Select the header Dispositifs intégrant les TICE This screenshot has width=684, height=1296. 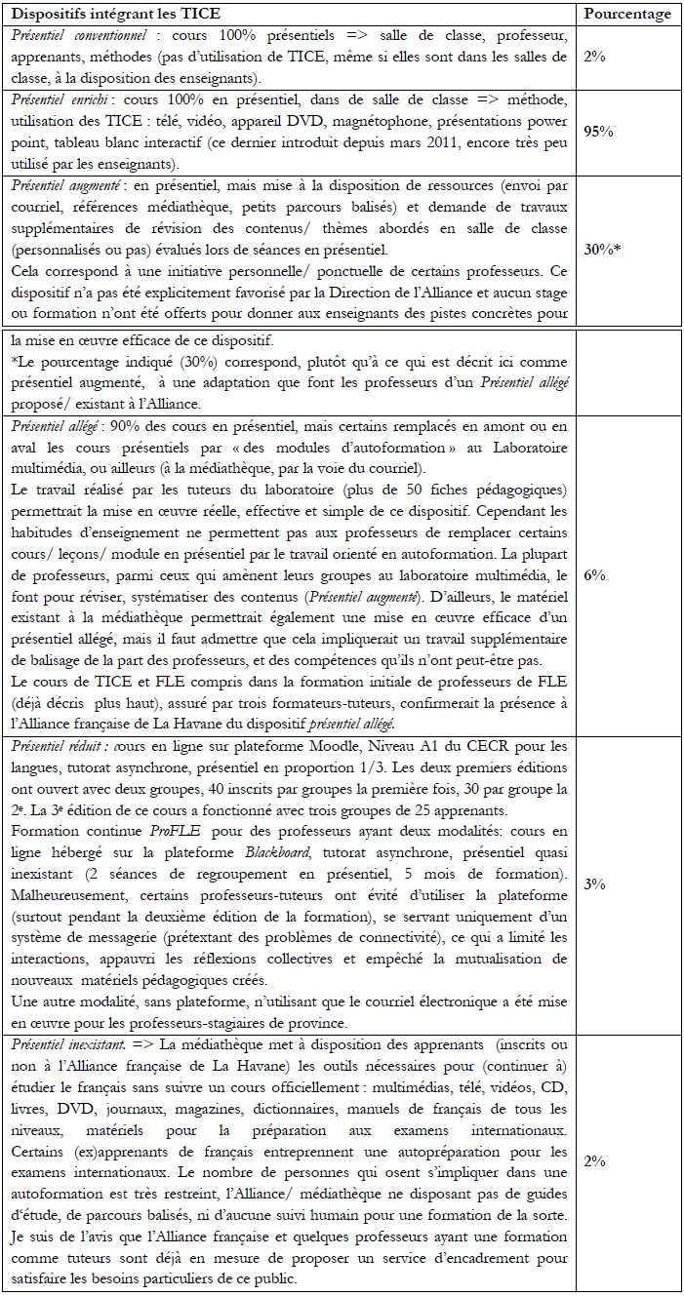[x=115, y=14]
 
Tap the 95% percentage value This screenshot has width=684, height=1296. [x=598, y=133]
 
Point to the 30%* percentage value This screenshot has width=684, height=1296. [x=602, y=249]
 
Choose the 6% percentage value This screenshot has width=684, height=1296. [x=594, y=575]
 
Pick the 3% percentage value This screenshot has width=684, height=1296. [x=594, y=884]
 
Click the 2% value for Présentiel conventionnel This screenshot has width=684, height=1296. [x=594, y=57]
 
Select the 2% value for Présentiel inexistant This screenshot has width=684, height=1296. [x=594, y=1161]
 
